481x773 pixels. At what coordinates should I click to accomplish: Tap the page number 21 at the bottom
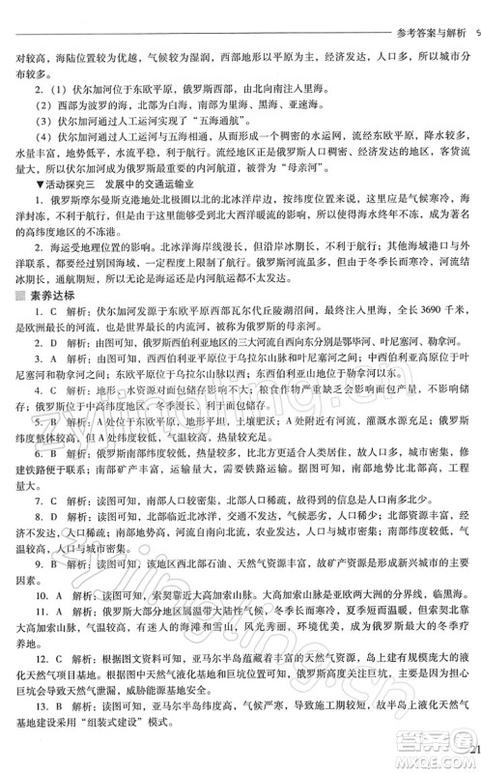(470, 750)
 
